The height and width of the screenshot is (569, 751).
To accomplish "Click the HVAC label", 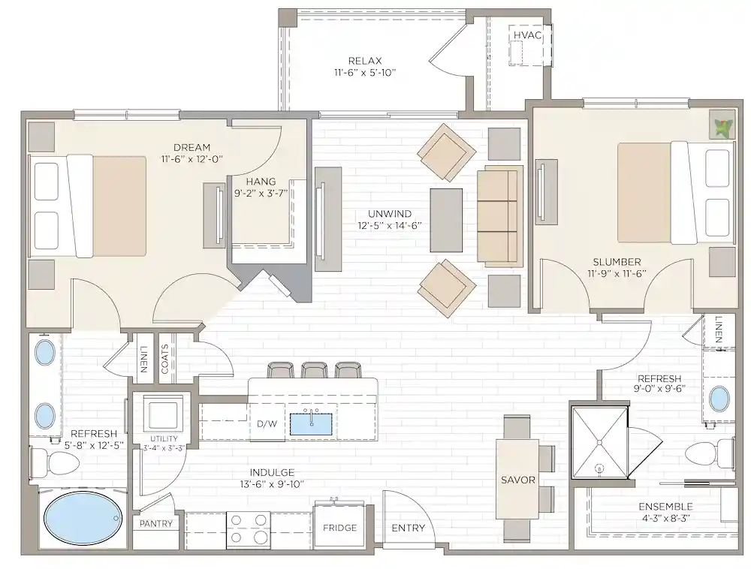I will click(527, 35).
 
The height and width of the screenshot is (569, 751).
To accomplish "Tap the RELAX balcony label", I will click(365, 61).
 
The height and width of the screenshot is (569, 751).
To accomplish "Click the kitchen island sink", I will click(312, 424).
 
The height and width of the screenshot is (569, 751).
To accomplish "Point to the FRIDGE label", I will click(339, 528).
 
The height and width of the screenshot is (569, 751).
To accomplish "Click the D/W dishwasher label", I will click(267, 424).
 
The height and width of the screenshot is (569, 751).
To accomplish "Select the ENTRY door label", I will click(409, 528).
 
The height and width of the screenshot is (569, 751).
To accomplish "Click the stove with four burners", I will click(249, 528).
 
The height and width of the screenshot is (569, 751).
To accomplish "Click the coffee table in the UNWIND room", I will click(446, 219).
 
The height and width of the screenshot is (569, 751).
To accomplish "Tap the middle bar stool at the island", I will click(314, 370).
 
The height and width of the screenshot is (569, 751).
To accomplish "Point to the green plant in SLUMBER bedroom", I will click(722, 125).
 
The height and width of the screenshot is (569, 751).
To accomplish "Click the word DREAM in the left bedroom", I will click(191, 147).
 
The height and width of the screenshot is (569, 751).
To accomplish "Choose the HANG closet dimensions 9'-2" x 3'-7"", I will click(261, 193).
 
